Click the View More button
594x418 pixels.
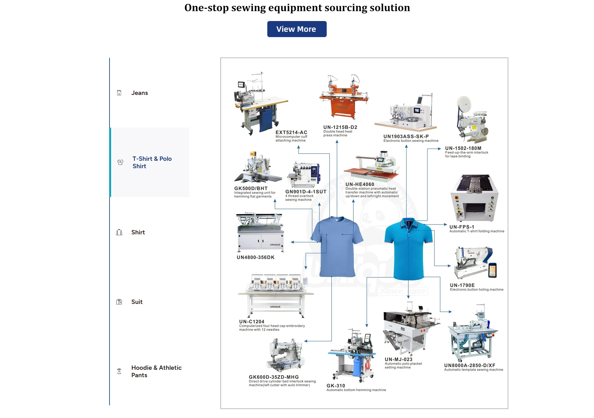297,29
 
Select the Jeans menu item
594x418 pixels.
140,93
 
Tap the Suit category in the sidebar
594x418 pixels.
137,302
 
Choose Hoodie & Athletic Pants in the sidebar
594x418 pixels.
156,371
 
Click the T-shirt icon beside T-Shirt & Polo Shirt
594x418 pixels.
120,162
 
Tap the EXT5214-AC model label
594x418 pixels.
291,132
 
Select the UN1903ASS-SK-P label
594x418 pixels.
406,136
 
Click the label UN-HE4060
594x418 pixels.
360,184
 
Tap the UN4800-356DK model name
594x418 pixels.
256,257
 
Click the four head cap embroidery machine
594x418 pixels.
275,295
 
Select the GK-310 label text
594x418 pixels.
336,386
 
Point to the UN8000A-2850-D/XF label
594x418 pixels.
470,365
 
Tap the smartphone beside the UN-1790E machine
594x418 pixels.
493,270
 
